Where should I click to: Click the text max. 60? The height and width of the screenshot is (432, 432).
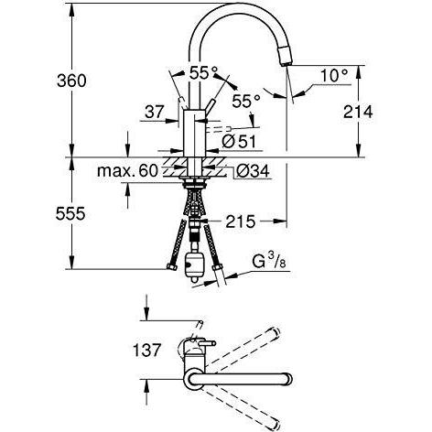128,171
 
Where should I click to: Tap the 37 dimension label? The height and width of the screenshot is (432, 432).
154,112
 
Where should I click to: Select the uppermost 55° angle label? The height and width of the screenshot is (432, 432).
203,70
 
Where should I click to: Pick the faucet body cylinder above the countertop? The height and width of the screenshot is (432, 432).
194,133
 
